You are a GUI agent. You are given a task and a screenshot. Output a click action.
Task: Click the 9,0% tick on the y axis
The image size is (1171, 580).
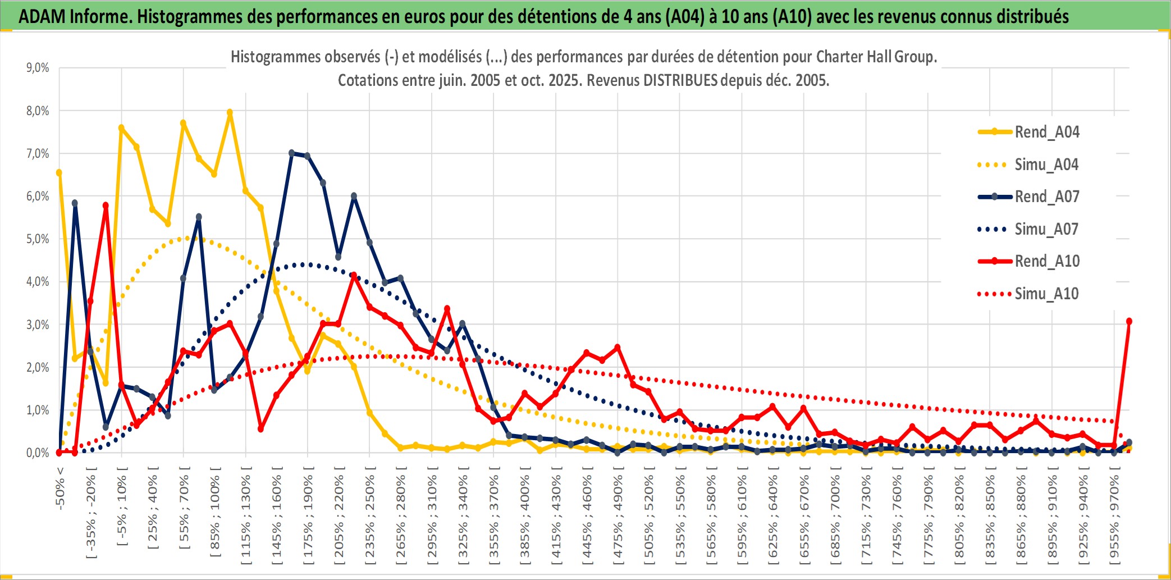pos(38,68)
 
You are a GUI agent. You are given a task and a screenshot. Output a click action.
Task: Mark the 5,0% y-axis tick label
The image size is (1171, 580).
pos(38,239)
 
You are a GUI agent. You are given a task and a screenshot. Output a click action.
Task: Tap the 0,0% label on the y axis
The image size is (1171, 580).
pos(38,453)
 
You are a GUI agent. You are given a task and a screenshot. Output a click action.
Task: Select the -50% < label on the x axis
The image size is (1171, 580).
pos(60,487)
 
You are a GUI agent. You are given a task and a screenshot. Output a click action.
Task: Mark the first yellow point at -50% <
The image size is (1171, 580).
pos(59,173)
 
